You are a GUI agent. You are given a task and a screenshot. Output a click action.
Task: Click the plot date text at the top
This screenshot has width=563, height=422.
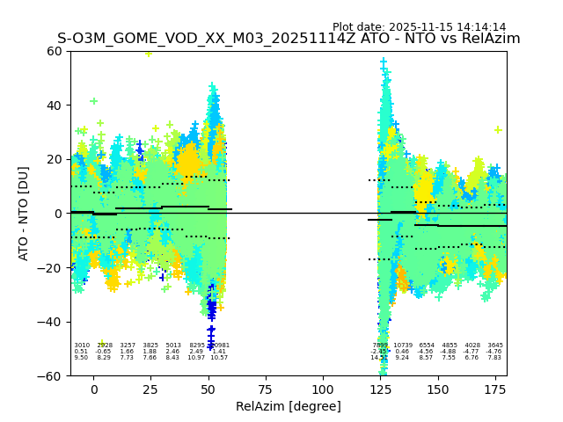click(x=419, y=27)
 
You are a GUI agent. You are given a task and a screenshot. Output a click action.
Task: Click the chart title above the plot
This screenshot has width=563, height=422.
click(x=289, y=39)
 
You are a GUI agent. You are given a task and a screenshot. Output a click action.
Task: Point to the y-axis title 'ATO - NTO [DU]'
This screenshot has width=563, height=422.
click(x=24, y=214)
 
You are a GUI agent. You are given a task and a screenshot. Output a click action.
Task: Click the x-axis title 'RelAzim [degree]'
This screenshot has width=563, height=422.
click(x=289, y=406)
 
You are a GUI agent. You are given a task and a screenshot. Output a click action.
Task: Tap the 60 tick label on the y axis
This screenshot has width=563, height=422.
click(x=55, y=51)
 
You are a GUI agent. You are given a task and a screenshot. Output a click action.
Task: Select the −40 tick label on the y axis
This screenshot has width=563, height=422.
click(x=51, y=322)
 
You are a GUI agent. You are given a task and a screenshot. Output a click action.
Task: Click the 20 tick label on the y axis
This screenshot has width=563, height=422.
click(x=55, y=159)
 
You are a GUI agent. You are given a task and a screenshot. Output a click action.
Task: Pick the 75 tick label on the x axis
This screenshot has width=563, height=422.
click(x=266, y=389)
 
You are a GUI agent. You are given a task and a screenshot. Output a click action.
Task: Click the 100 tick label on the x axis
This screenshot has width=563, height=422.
click(x=323, y=389)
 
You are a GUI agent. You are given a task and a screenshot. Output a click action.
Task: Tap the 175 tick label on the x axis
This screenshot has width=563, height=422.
click(x=495, y=389)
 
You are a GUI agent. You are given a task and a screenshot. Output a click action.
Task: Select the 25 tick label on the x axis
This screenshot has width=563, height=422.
click(x=151, y=389)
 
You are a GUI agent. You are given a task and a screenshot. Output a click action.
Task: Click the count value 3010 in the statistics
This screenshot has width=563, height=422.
click(x=81, y=346)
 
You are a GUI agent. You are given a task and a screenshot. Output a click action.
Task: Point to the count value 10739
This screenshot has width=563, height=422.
click(x=403, y=346)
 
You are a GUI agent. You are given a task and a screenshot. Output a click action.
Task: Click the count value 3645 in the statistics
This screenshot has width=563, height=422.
click(x=495, y=346)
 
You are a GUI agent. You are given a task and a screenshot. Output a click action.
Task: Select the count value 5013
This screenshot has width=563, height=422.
click(x=173, y=346)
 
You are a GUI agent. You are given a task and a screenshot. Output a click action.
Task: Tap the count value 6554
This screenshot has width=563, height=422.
click(x=427, y=346)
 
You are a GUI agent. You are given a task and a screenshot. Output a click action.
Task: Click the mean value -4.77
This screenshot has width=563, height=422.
click(x=472, y=352)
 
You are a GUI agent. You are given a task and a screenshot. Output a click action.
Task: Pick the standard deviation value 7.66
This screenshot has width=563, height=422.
click(x=150, y=358)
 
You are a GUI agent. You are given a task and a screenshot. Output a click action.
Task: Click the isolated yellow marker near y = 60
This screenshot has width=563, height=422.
click(x=149, y=53)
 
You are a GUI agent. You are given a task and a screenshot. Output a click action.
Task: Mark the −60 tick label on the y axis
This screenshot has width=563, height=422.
click(x=51, y=376)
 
